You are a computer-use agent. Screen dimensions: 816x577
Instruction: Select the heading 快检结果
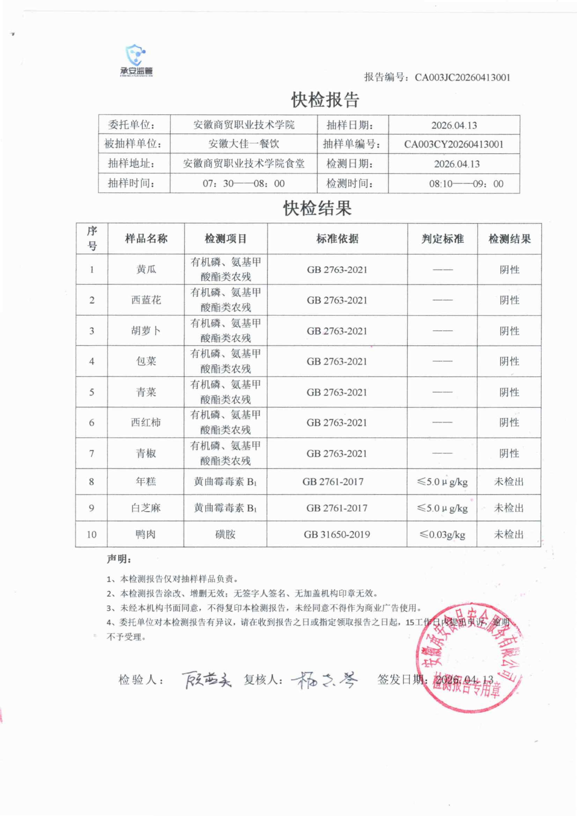[x=317, y=208]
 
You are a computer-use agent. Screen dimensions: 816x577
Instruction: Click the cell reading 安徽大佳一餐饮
[x=244, y=144]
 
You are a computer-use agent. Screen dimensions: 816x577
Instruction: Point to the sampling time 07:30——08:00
[x=244, y=183]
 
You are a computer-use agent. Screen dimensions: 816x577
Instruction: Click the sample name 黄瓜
[x=146, y=269]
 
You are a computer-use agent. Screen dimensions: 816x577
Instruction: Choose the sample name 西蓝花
[x=146, y=300]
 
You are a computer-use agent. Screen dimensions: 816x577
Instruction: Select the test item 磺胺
[x=225, y=534]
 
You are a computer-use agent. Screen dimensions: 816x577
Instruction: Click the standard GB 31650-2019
[x=337, y=534]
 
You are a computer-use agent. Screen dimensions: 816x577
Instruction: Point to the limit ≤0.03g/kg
[x=442, y=534]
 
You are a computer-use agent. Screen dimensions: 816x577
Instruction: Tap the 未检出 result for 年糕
[x=509, y=482]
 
